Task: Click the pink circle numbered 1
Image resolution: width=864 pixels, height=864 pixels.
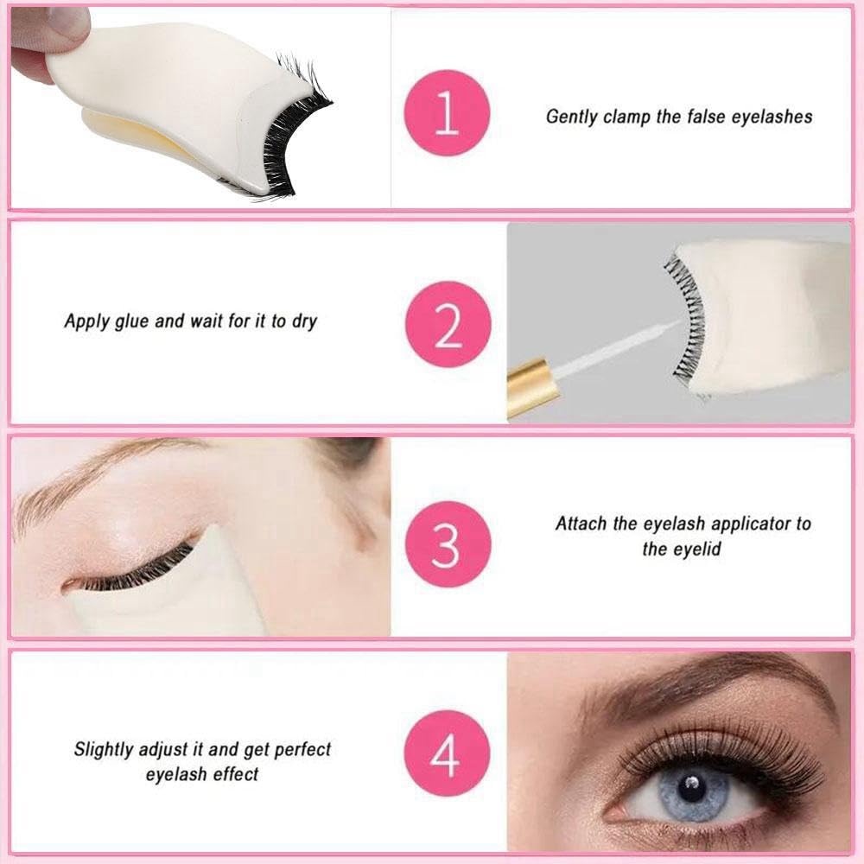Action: tap(447, 113)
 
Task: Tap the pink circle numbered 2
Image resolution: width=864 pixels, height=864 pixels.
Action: tap(448, 324)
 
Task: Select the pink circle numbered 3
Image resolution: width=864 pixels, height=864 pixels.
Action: tap(448, 543)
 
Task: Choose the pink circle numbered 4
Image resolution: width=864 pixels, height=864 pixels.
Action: tap(447, 753)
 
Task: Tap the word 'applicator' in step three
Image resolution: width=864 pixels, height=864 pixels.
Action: tap(750, 524)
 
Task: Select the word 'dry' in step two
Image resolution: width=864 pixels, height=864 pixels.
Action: tap(304, 321)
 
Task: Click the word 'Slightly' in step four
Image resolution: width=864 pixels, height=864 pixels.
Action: tap(104, 750)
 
